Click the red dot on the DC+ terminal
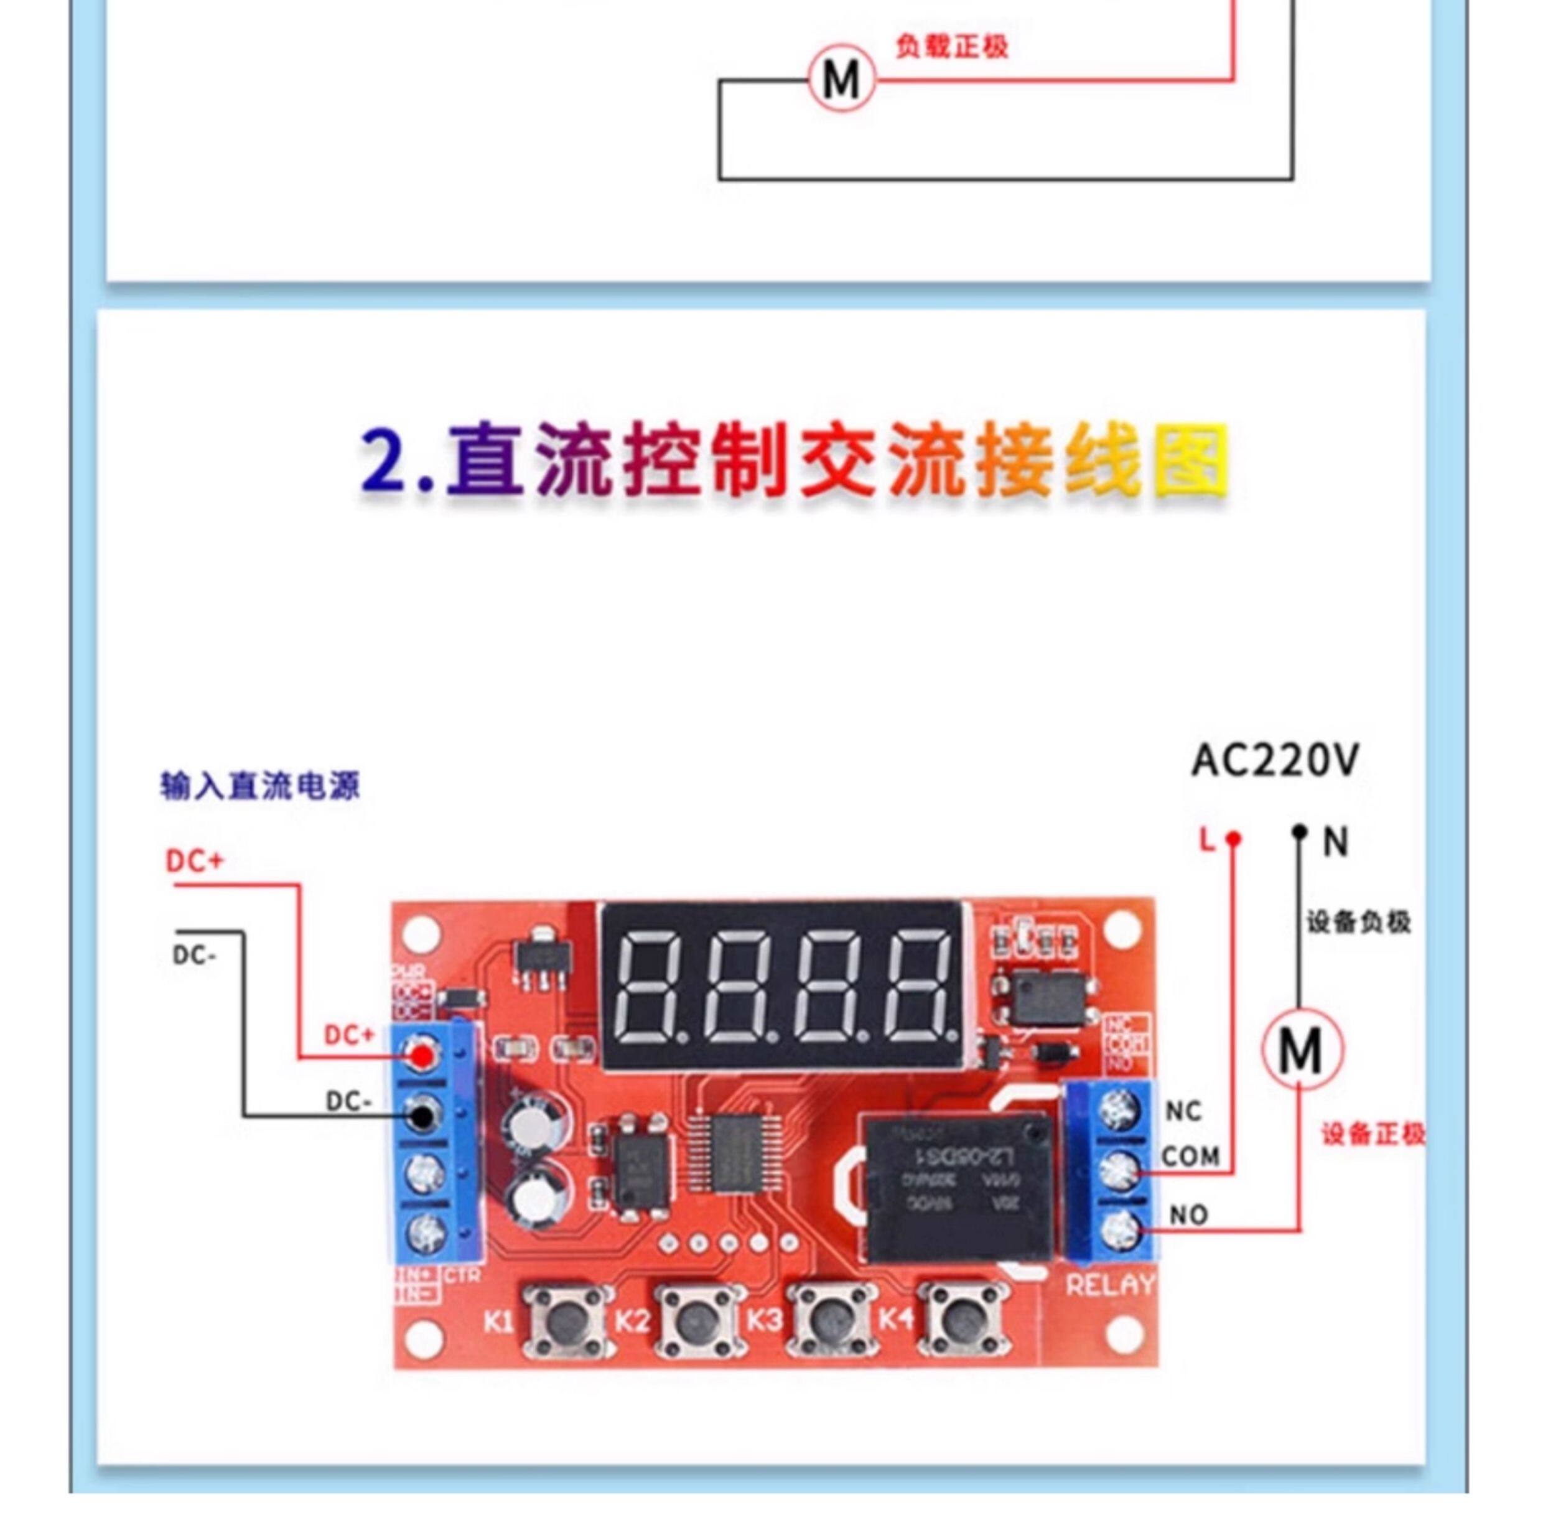pyautogui.click(x=421, y=1056)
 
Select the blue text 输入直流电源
pyautogui.click(x=259, y=786)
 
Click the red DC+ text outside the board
pyautogui.click(x=195, y=862)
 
